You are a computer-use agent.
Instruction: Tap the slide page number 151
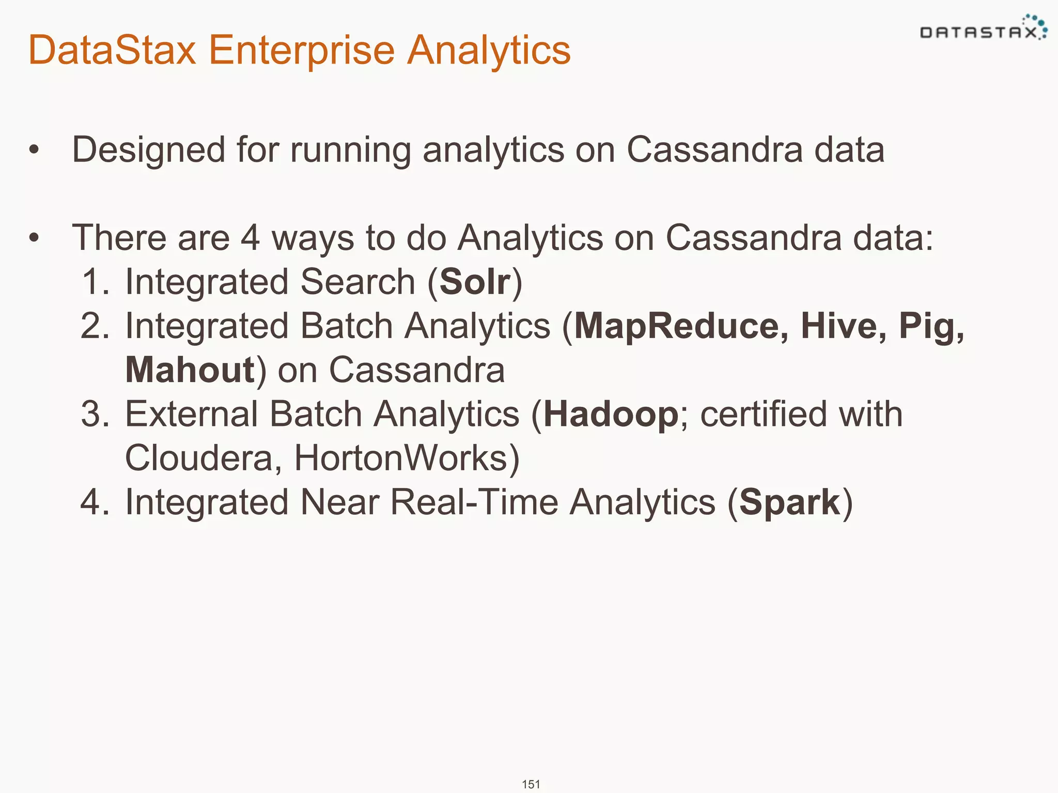coord(531,784)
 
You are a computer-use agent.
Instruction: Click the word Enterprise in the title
coord(301,50)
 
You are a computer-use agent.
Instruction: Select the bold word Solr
coord(475,282)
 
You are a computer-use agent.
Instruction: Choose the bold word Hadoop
coord(611,415)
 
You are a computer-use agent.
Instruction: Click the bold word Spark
coord(790,502)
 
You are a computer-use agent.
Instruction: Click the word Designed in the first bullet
coord(148,150)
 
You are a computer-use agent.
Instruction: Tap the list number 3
coord(92,415)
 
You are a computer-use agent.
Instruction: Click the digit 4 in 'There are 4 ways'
coord(250,238)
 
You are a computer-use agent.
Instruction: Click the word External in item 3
coord(191,415)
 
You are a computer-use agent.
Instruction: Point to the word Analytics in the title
coord(489,50)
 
